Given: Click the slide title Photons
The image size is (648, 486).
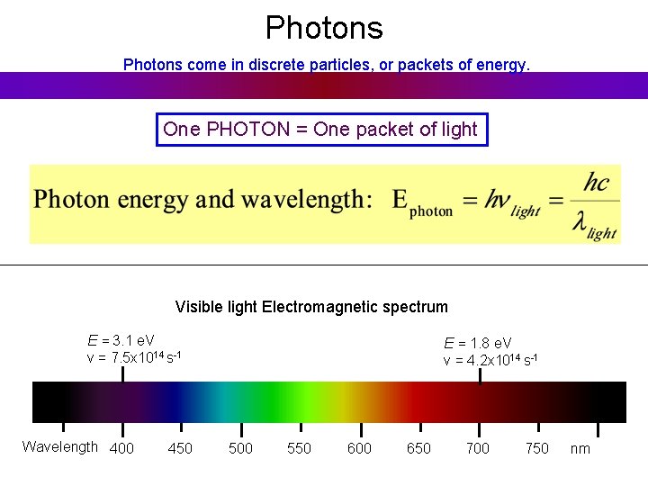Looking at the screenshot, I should click(x=324, y=28).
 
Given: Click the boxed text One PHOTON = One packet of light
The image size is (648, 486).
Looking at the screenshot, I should click(x=320, y=130).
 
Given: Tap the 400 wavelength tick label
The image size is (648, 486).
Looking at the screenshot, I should click(x=121, y=448).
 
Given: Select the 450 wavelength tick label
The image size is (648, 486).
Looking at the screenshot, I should click(x=180, y=448).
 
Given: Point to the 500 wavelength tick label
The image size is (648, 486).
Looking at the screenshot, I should click(x=240, y=448).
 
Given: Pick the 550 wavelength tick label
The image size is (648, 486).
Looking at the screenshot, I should click(x=300, y=448).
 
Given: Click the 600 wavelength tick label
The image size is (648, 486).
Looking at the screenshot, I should click(x=359, y=448).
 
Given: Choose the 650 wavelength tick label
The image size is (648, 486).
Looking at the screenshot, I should click(x=418, y=448).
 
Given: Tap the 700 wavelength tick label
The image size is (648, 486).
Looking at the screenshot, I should click(x=478, y=448).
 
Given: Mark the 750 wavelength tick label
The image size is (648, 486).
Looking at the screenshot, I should click(x=537, y=448).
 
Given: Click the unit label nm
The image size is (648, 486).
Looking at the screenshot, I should click(x=580, y=448).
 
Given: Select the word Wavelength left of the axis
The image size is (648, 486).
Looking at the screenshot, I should click(x=60, y=447).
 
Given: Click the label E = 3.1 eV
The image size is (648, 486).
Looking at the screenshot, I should click(x=121, y=340).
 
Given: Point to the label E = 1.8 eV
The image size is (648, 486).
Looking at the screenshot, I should click(x=477, y=343).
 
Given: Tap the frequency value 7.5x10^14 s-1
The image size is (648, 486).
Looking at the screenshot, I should click(x=140, y=357).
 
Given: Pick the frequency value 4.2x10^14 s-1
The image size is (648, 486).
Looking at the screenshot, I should click(x=497, y=360).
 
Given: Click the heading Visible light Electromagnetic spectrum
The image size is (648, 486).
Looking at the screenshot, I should click(x=311, y=307).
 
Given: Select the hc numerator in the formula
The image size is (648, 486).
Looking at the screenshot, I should click(x=596, y=184).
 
